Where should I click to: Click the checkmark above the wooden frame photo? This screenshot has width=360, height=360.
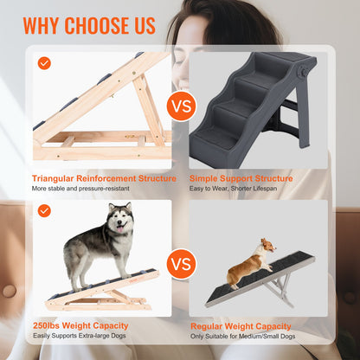[x=44, y=63]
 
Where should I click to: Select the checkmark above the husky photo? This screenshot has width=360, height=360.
[x=44, y=210]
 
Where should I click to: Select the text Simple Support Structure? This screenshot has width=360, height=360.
[x=241, y=178]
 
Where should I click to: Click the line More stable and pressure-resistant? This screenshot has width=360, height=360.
[x=81, y=189]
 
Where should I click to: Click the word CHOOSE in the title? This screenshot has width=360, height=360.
[x=98, y=25]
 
